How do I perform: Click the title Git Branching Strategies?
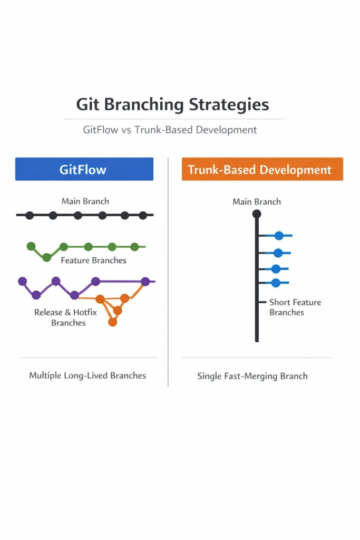point(172,104)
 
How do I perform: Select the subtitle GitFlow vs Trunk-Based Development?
point(170,129)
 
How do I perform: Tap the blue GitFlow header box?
point(84,169)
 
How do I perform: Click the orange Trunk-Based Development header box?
point(262,169)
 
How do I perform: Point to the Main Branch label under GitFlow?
point(85,201)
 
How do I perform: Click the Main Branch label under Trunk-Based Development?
point(257,201)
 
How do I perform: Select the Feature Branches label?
point(93,260)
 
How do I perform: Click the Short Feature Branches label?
point(295,307)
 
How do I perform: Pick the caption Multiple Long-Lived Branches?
point(87,375)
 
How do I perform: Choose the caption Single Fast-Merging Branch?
point(252,376)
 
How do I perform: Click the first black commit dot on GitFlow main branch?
point(30,215)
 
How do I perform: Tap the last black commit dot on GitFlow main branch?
point(142,215)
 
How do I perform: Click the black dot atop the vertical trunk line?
point(257,214)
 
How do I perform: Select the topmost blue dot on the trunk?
point(279,236)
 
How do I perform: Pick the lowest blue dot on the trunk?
point(276,283)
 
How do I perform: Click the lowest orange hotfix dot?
point(112,322)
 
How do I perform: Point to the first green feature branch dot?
point(31,246)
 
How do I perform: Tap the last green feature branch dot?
point(134,246)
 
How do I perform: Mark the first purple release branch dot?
point(22,281)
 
